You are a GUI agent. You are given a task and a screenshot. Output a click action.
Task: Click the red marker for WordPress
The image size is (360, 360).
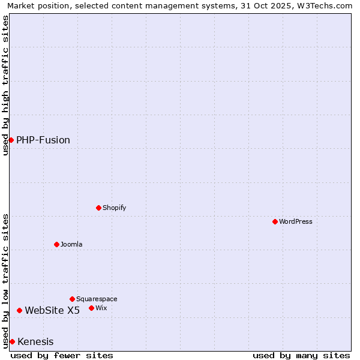275,221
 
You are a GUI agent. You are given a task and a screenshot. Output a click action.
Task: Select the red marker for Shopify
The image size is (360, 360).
99,208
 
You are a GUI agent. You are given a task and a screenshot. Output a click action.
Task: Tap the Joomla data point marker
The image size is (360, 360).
57,244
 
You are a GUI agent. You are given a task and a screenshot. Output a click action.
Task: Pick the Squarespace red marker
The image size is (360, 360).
73,299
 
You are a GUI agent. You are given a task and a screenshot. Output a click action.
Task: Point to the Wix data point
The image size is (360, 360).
92,308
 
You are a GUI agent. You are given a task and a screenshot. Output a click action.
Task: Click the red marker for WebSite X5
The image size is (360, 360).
20,310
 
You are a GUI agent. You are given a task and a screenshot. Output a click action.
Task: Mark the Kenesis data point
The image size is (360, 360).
12,341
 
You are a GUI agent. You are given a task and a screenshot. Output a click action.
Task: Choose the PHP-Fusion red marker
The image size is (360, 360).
11,140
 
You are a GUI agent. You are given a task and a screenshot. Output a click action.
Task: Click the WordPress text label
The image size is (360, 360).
296,221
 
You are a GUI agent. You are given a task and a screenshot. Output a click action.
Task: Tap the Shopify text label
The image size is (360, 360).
114,208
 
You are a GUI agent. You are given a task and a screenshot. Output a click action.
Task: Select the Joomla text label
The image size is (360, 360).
71,244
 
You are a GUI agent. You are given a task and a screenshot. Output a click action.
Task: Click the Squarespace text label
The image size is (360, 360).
97,299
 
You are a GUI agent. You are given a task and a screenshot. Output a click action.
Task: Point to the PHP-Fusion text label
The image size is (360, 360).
43,140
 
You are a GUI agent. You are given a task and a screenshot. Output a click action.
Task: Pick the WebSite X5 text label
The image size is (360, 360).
52,310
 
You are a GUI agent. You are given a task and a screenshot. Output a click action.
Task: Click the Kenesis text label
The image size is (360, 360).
35,342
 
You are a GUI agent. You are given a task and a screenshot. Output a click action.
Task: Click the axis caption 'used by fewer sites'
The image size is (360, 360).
62,355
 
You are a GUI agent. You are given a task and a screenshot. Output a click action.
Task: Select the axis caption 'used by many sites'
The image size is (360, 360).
301,355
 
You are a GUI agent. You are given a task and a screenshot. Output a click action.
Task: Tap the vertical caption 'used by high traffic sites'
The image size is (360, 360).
5,85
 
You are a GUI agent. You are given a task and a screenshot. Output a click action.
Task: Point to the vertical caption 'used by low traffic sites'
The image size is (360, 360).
5,280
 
